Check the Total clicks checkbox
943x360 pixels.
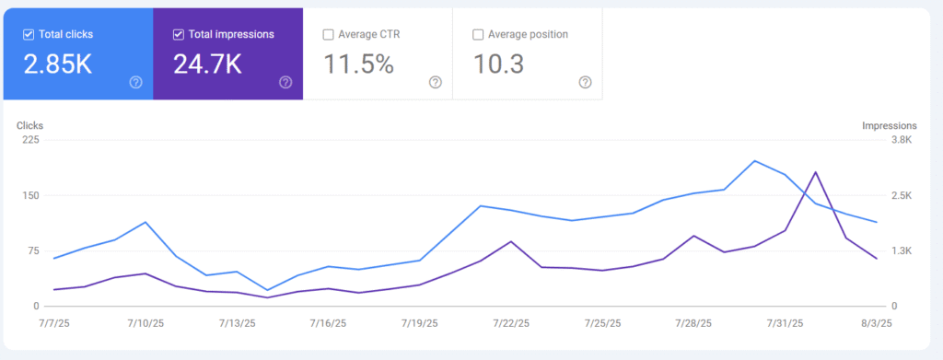point(29,35)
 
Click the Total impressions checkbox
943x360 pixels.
point(179,35)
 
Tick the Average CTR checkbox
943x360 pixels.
point(329,35)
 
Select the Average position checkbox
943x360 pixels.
point(478,35)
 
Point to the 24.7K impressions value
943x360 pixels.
point(208,64)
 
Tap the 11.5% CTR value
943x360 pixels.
point(359,64)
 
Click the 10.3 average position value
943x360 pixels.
point(499,64)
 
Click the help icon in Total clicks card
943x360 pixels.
point(136,82)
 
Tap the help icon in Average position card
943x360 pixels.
point(585,82)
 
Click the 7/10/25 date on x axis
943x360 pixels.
point(146,323)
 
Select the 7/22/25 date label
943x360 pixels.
point(511,323)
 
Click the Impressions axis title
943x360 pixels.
point(889,125)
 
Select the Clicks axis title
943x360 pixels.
point(29,125)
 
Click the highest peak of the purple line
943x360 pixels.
point(815,172)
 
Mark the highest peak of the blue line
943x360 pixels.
point(755,161)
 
